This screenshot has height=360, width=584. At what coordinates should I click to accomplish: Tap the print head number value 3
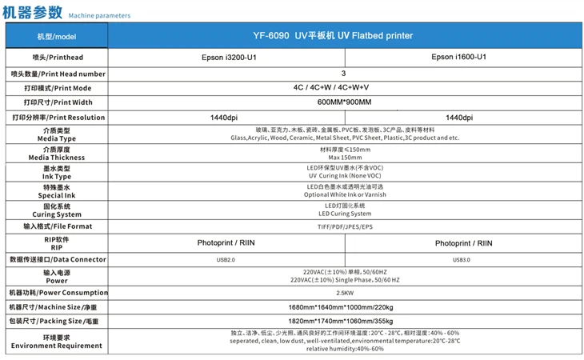(343, 74)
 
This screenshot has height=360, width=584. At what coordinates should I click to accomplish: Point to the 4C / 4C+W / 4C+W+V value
(330, 87)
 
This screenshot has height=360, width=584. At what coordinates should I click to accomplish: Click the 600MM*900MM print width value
(344, 102)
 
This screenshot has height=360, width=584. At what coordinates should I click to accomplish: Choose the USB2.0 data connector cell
(226, 260)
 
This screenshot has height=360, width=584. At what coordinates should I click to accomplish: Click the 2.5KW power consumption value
(345, 293)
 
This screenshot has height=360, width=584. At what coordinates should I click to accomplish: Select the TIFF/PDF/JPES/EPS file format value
(345, 226)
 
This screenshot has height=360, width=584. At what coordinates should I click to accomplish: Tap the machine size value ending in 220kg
(341, 307)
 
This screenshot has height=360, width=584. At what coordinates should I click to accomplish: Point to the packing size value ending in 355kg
(341, 321)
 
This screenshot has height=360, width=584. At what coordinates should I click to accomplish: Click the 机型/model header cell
(57, 37)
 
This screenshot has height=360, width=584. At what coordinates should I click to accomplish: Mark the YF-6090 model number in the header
(270, 36)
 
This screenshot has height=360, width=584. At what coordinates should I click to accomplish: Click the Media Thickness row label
(57, 154)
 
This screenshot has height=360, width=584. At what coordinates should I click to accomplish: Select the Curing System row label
(57, 210)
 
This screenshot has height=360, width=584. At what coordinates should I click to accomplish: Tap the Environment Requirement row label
(57, 342)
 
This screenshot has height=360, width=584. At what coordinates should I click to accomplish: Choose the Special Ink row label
(57, 191)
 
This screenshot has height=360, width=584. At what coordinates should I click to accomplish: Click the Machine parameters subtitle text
(99, 16)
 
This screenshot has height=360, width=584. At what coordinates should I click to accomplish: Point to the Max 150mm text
(345, 158)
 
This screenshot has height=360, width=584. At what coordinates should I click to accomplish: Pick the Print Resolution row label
(59, 118)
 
